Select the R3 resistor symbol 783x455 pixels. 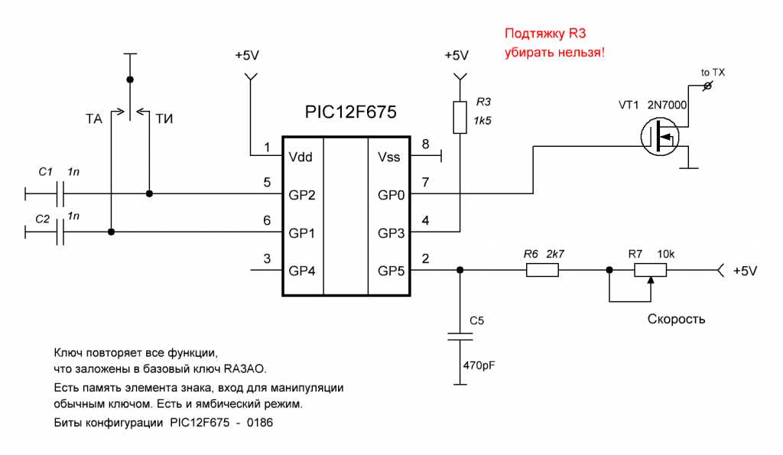tap(459, 117)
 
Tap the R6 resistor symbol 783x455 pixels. tap(543, 270)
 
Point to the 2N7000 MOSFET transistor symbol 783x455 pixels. tap(660, 138)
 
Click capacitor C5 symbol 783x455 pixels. tap(459, 337)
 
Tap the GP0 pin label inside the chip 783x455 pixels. tap(391, 194)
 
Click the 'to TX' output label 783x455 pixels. tap(713, 73)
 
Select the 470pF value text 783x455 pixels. tap(479, 366)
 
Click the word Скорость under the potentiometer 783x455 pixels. tap(676, 318)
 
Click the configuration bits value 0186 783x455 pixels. tap(260, 421)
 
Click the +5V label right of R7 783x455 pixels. tap(746, 271)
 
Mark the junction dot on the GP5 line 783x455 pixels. tap(459, 270)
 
